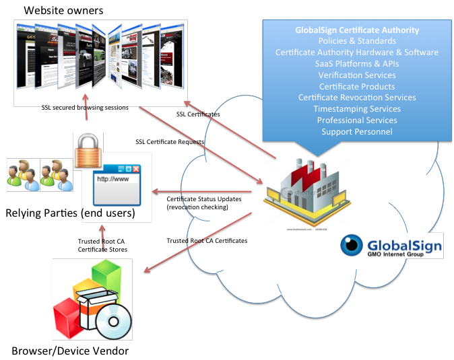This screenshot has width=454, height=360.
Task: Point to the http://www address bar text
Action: coord(112,180)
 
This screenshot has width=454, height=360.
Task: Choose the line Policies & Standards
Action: coord(356,41)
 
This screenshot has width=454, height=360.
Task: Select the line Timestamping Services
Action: coord(357,109)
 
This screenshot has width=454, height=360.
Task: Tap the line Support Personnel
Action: coord(357,131)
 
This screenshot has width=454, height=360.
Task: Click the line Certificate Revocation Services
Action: coord(357,98)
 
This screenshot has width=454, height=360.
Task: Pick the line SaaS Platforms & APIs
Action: coord(357,63)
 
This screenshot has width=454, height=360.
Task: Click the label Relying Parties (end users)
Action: coord(70,213)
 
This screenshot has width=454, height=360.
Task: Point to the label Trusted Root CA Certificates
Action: coord(206,240)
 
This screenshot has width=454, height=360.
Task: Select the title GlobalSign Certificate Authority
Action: coord(357,30)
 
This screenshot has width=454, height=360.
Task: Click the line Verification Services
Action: coord(357,75)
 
